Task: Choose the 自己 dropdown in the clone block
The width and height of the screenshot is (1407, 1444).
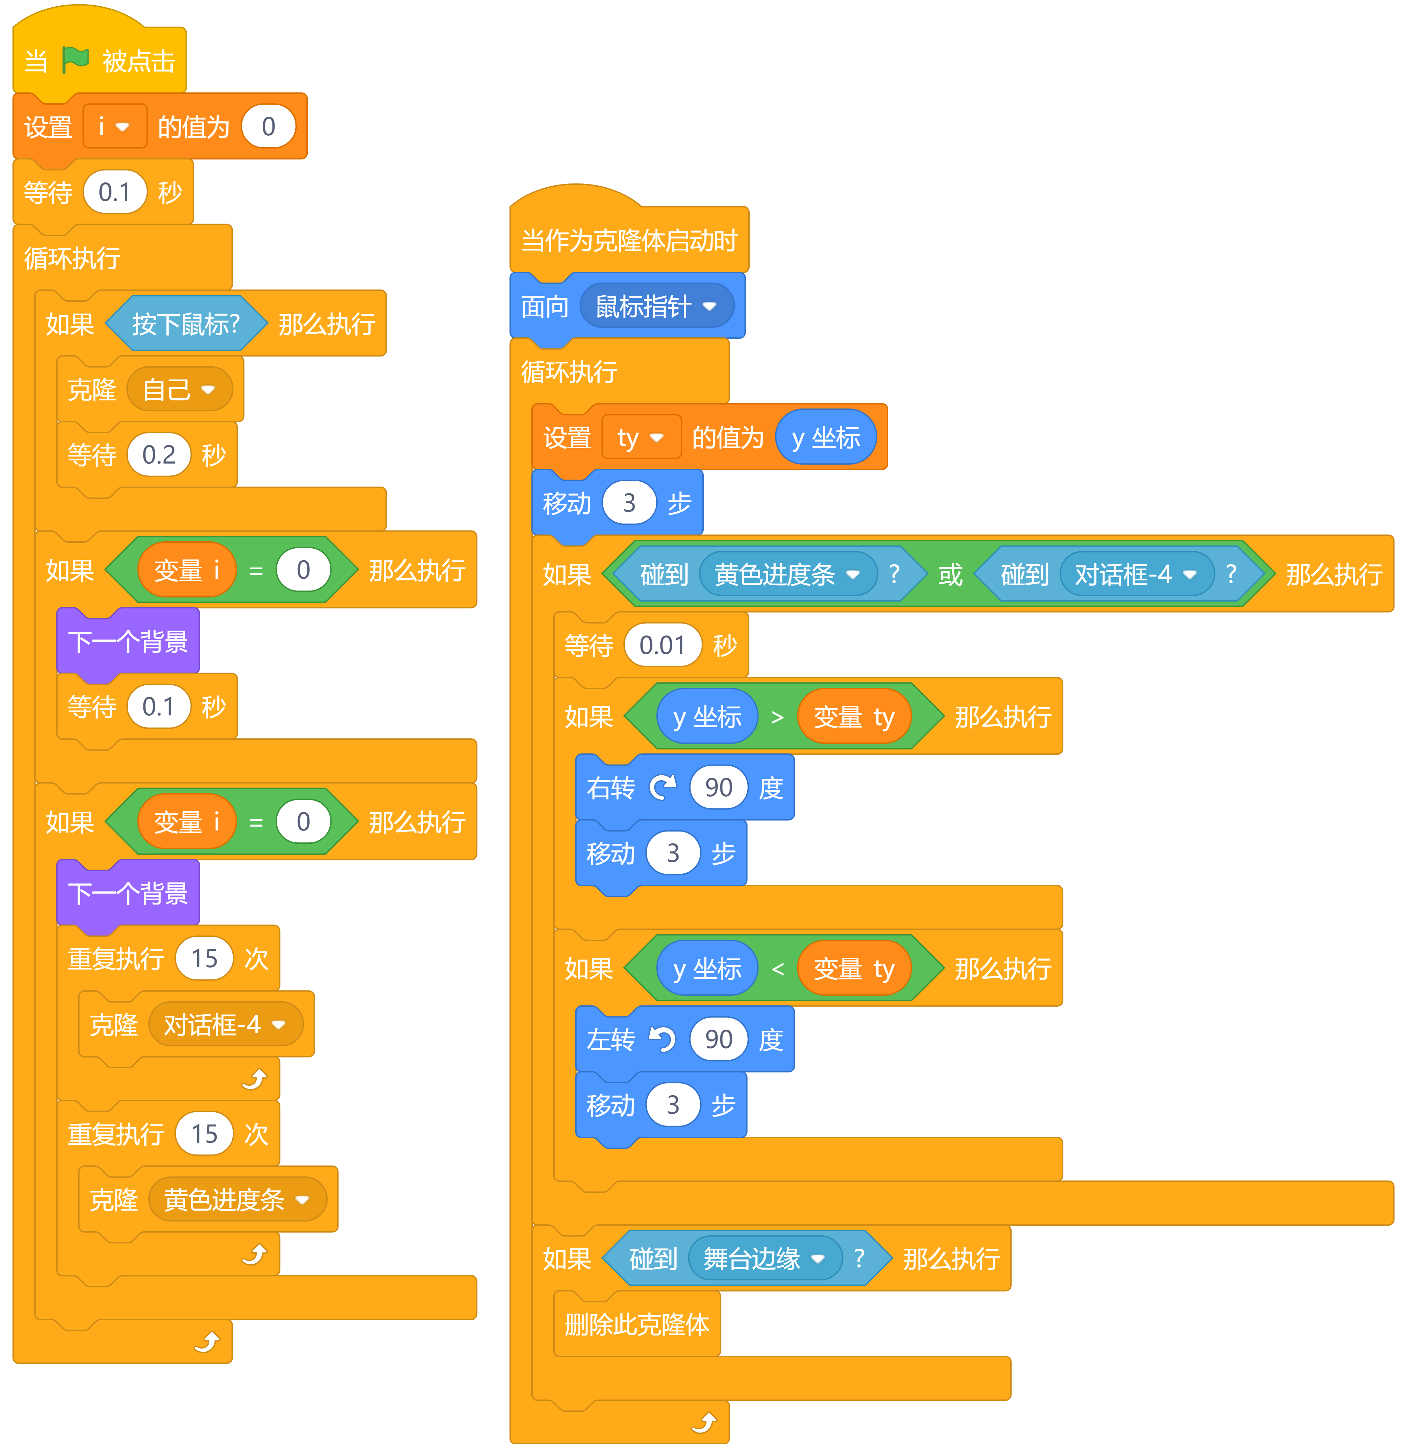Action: [x=179, y=389]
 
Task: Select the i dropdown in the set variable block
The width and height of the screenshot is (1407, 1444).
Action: [x=114, y=126]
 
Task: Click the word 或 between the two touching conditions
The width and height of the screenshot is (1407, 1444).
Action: [x=950, y=574]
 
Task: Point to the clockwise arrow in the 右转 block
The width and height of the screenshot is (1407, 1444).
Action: [x=662, y=787]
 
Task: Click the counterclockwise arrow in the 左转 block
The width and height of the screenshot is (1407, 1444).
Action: [x=662, y=1039]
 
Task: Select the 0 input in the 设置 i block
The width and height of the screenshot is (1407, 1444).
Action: [x=268, y=126]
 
